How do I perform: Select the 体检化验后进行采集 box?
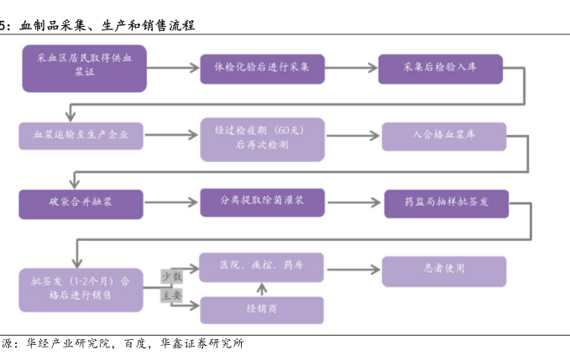(261, 68)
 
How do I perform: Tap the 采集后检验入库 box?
(440, 68)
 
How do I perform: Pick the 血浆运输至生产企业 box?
(81, 135)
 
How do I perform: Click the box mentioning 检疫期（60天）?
(262, 137)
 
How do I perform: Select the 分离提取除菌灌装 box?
(262, 202)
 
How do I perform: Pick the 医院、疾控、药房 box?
(261, 266)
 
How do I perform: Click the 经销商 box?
(261, 309)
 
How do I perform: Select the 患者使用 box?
(444, 269)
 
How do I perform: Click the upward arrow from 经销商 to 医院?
(261, 288)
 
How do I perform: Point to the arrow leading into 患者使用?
(353, 269)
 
